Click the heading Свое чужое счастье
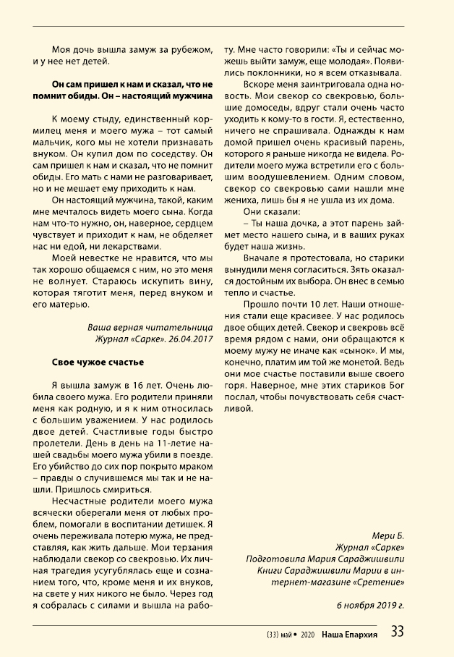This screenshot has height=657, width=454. coord(98,361)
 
